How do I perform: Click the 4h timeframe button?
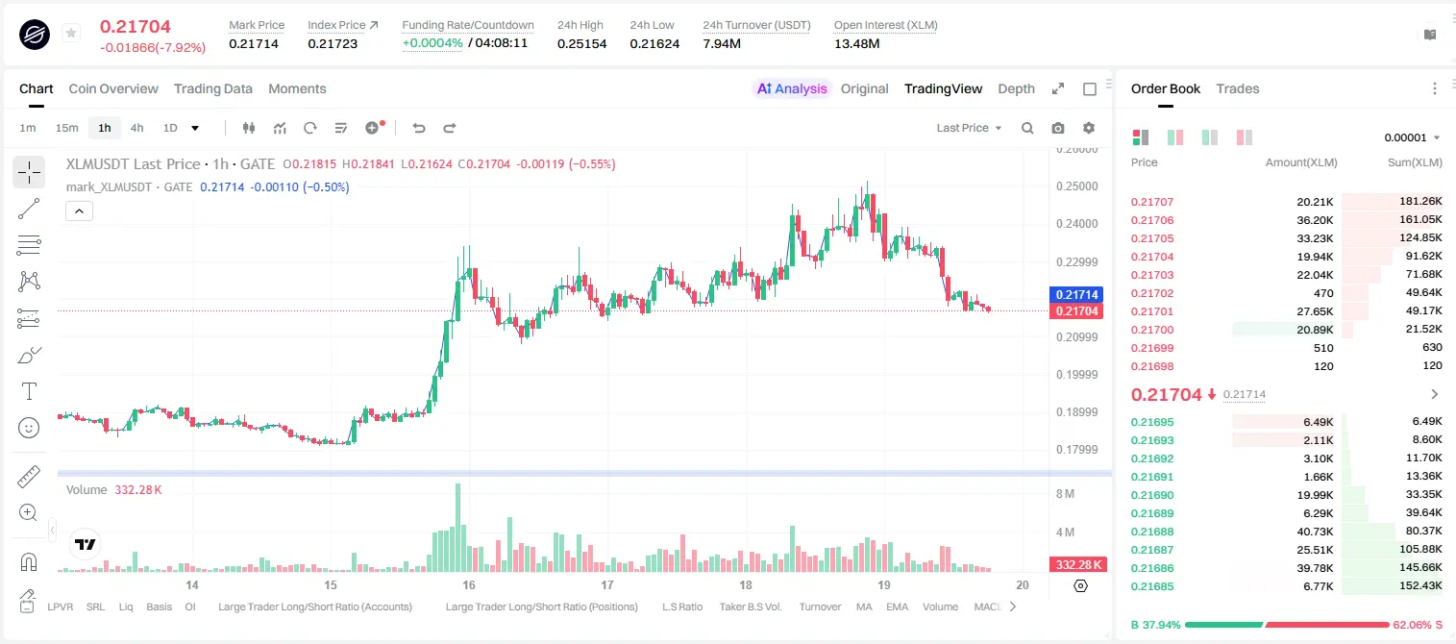(x=136, y=128)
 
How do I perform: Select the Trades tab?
(x=1238, y=89)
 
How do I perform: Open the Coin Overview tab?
(x=113, y=89)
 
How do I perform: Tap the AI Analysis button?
(x=792, y=89)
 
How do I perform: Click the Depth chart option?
(x=1016, y=89)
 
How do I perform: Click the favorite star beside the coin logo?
(x=71, y=33)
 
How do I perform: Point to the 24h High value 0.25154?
(x=581, y=43)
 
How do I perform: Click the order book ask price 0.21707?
(x=1152, y=202)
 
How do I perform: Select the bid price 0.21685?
(x=1152, y=586)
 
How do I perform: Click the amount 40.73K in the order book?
(x=1315, y=532)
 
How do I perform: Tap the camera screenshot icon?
(x=1058, y=128)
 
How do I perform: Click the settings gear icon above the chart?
(x=1089, y=128)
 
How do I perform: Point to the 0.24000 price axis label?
(x=1077, y=224)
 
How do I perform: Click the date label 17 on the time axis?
(x=607, y=584)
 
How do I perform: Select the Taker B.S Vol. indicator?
(x=751, y=607)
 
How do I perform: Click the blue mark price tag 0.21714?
(x=1076, y=294)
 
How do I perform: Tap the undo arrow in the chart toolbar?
(x=419, y=128)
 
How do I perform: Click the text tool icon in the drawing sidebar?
(x=29, y=391)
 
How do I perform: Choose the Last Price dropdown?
(x=969, y=128)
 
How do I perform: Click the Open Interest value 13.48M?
(x=856, y=43)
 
